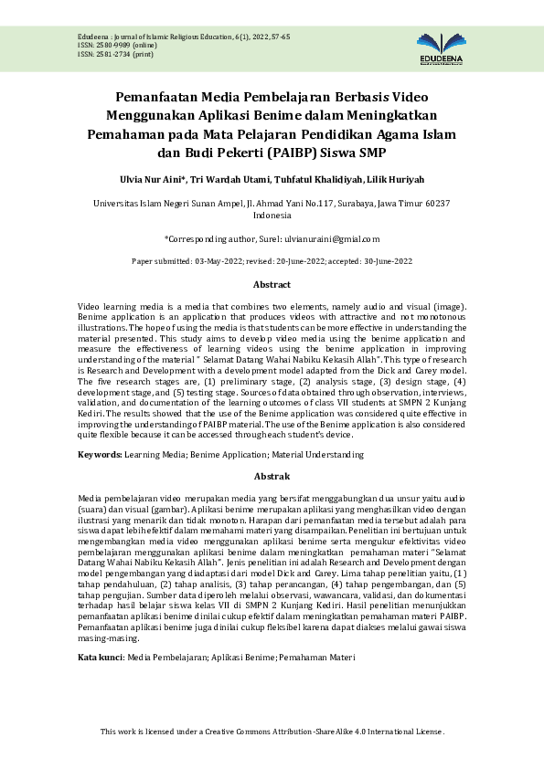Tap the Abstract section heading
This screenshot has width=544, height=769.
[x=272, y=285]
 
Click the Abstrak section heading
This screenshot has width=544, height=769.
[x=272, y=476]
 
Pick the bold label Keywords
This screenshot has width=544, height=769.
[x=99, y=454]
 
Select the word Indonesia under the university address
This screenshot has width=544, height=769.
[x=272, y=216]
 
